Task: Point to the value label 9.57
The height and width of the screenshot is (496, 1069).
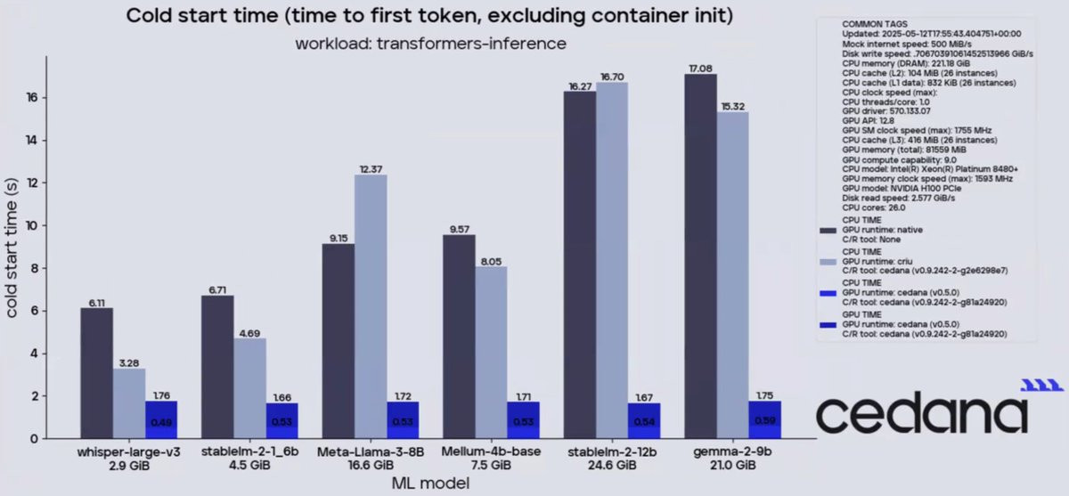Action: click(460, 228)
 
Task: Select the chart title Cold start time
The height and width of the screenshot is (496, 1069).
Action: click(430, 16)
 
